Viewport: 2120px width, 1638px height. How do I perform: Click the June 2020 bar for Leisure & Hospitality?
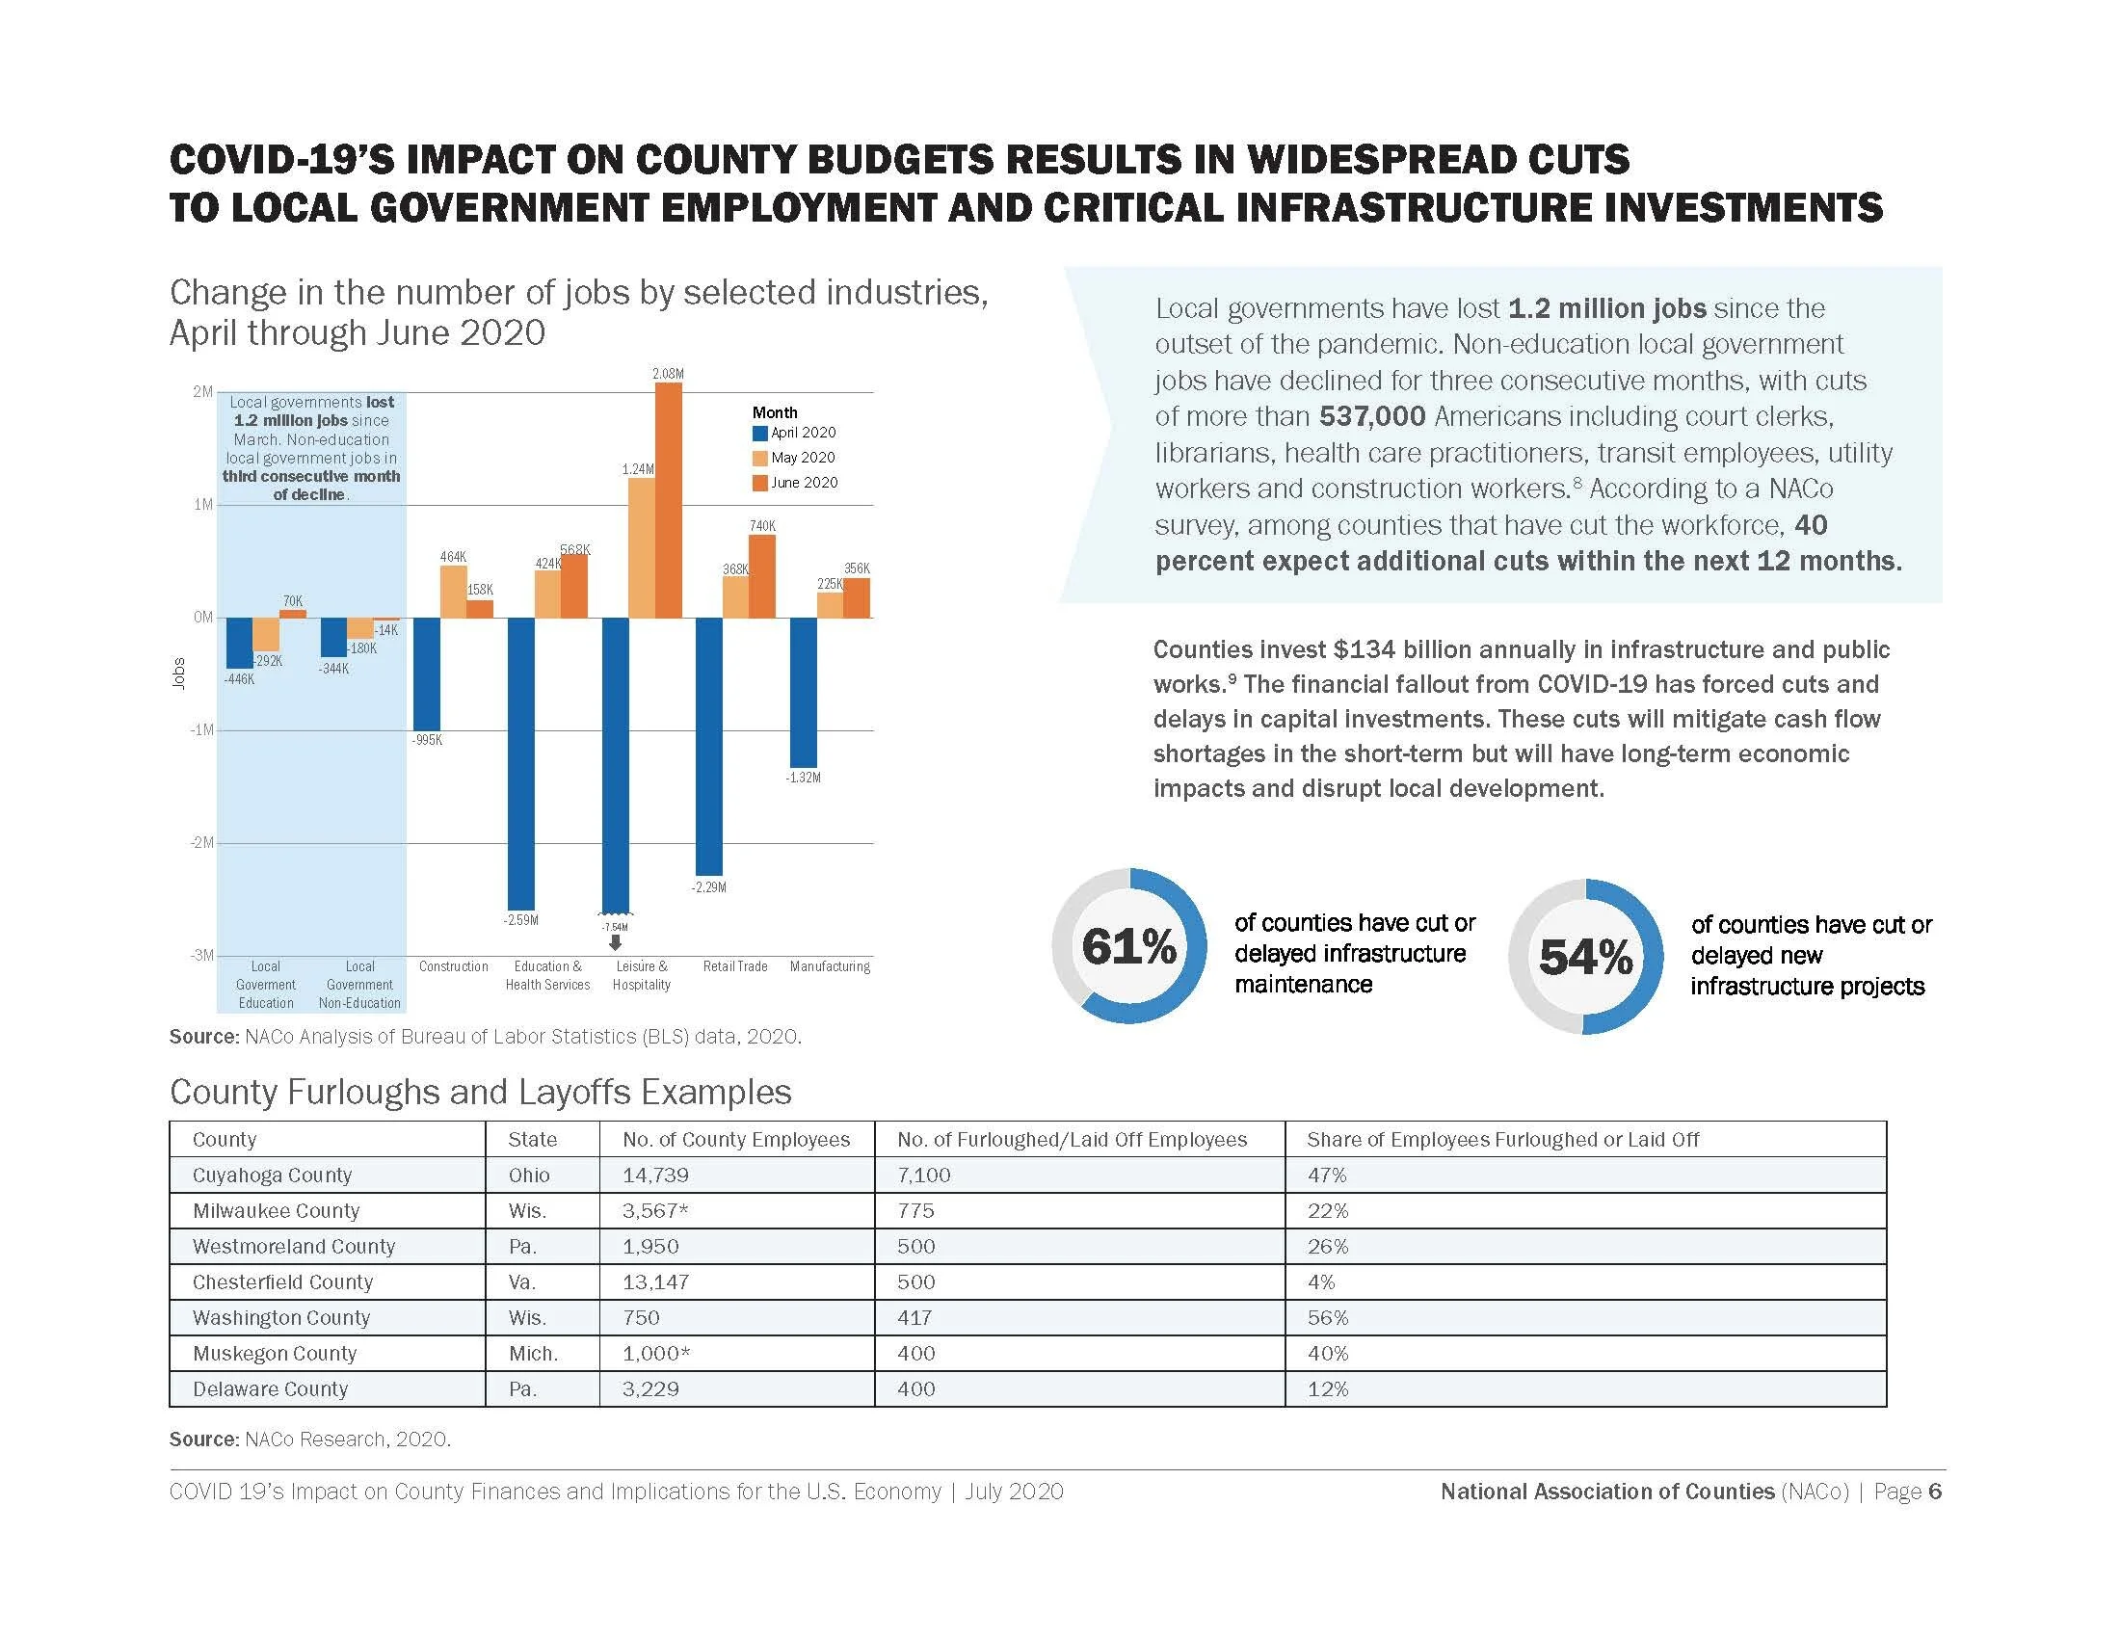[x=668, y=500]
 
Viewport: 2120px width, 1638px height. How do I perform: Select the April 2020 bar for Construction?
[x=426, y=674]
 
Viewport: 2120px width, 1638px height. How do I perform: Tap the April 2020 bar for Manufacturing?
[x=803, y=692]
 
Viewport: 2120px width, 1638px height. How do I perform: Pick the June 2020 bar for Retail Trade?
[x=762, y=576]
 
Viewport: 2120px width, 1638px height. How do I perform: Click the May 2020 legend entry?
[x=794, y=458]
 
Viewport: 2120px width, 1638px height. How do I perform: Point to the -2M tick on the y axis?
[x=201, y=842]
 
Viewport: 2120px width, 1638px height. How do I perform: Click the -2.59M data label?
[x=520, y=920]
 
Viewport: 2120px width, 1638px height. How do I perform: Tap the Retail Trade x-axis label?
[x=735, y=966]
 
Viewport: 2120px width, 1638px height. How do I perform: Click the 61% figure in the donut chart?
[x=1129, y=946]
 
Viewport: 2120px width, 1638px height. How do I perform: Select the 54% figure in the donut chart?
[x=1585, y=957]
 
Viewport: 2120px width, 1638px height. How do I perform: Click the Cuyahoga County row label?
[x=272, y=1176]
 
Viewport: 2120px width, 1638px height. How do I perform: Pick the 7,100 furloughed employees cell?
[x=924, y=1176]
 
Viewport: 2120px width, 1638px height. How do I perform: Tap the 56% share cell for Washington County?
[x=1328, y=1318]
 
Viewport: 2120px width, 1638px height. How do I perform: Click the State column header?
[x=532, y=1139]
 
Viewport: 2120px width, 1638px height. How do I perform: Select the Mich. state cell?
[x=533, y=1354]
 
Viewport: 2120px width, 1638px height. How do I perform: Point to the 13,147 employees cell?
[x=655, y=1281]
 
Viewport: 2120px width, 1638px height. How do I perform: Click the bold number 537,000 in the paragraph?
[x=1371, y=416]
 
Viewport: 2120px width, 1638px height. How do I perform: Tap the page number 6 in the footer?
[x=1935, y=1492]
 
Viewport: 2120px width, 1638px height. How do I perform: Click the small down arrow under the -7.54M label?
[x=615, y=942]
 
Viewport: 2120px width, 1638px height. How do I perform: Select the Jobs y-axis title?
[x=178, y=674]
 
